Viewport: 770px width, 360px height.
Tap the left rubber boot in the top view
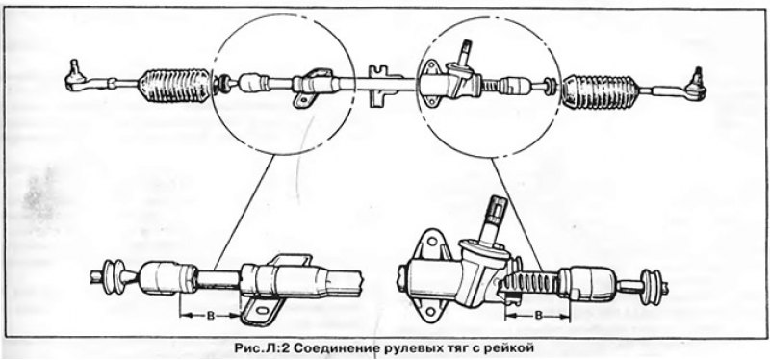tap(175, 86)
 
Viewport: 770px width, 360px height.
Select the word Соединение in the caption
tap(340, 345)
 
